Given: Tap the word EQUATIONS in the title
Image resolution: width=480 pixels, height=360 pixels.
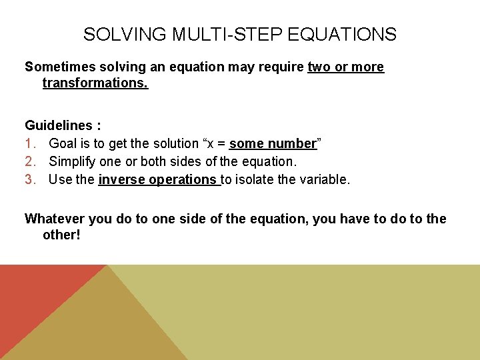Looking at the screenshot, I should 349,34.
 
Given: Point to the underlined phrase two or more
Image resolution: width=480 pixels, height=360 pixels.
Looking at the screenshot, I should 346,67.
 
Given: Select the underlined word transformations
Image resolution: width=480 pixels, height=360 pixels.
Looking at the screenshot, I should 95,83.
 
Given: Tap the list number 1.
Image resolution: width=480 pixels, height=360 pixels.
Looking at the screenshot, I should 30,143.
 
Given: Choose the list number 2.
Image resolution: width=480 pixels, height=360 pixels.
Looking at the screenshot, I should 30,161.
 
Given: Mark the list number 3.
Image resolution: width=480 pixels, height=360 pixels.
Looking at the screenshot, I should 30,179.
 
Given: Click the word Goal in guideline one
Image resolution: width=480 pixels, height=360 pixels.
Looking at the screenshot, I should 63,143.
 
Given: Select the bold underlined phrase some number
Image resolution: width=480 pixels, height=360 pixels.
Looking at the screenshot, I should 272,143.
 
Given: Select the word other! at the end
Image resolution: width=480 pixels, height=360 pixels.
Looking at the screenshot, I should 61,235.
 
